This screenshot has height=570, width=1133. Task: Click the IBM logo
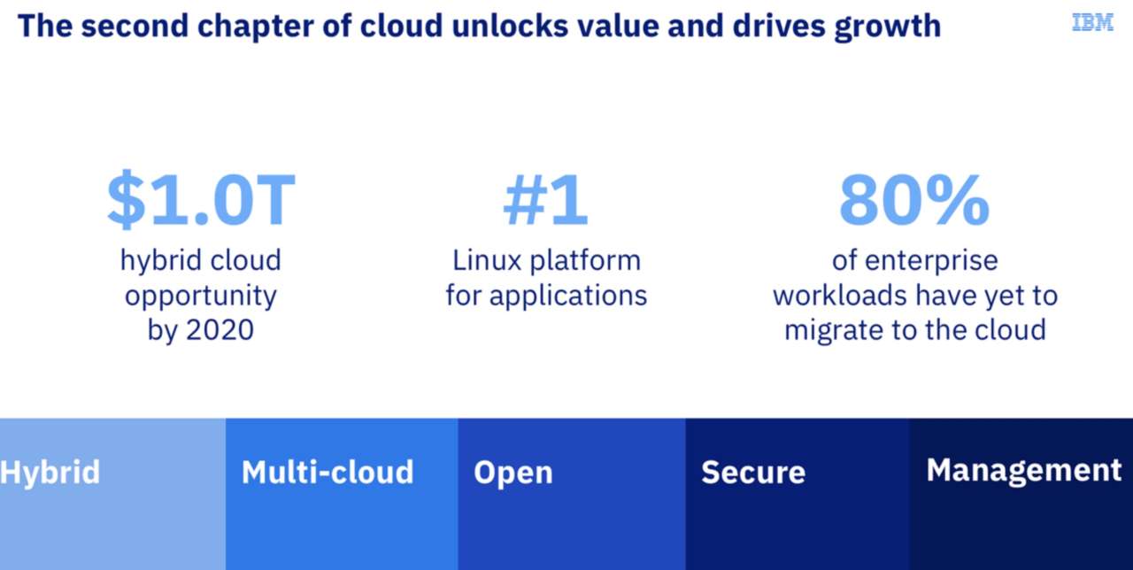point(1092,23)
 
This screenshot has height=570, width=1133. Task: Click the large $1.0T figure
point(200,200)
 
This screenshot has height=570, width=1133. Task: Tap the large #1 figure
point(545,200)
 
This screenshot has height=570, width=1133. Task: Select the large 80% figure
point(913,200)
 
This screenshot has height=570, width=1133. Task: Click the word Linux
point(488,260)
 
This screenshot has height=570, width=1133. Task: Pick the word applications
point(568,295)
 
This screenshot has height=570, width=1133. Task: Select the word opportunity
point(200,296)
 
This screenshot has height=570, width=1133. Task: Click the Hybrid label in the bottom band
point(50,472)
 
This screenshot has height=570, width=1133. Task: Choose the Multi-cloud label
point(328,472)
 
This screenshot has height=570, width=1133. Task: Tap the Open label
point(513,472)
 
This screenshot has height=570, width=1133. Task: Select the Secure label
point(753,472)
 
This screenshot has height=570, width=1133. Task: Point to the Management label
point(1024,470)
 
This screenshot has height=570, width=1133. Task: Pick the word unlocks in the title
point(506,26)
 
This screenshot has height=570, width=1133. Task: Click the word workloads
point(843,295)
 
